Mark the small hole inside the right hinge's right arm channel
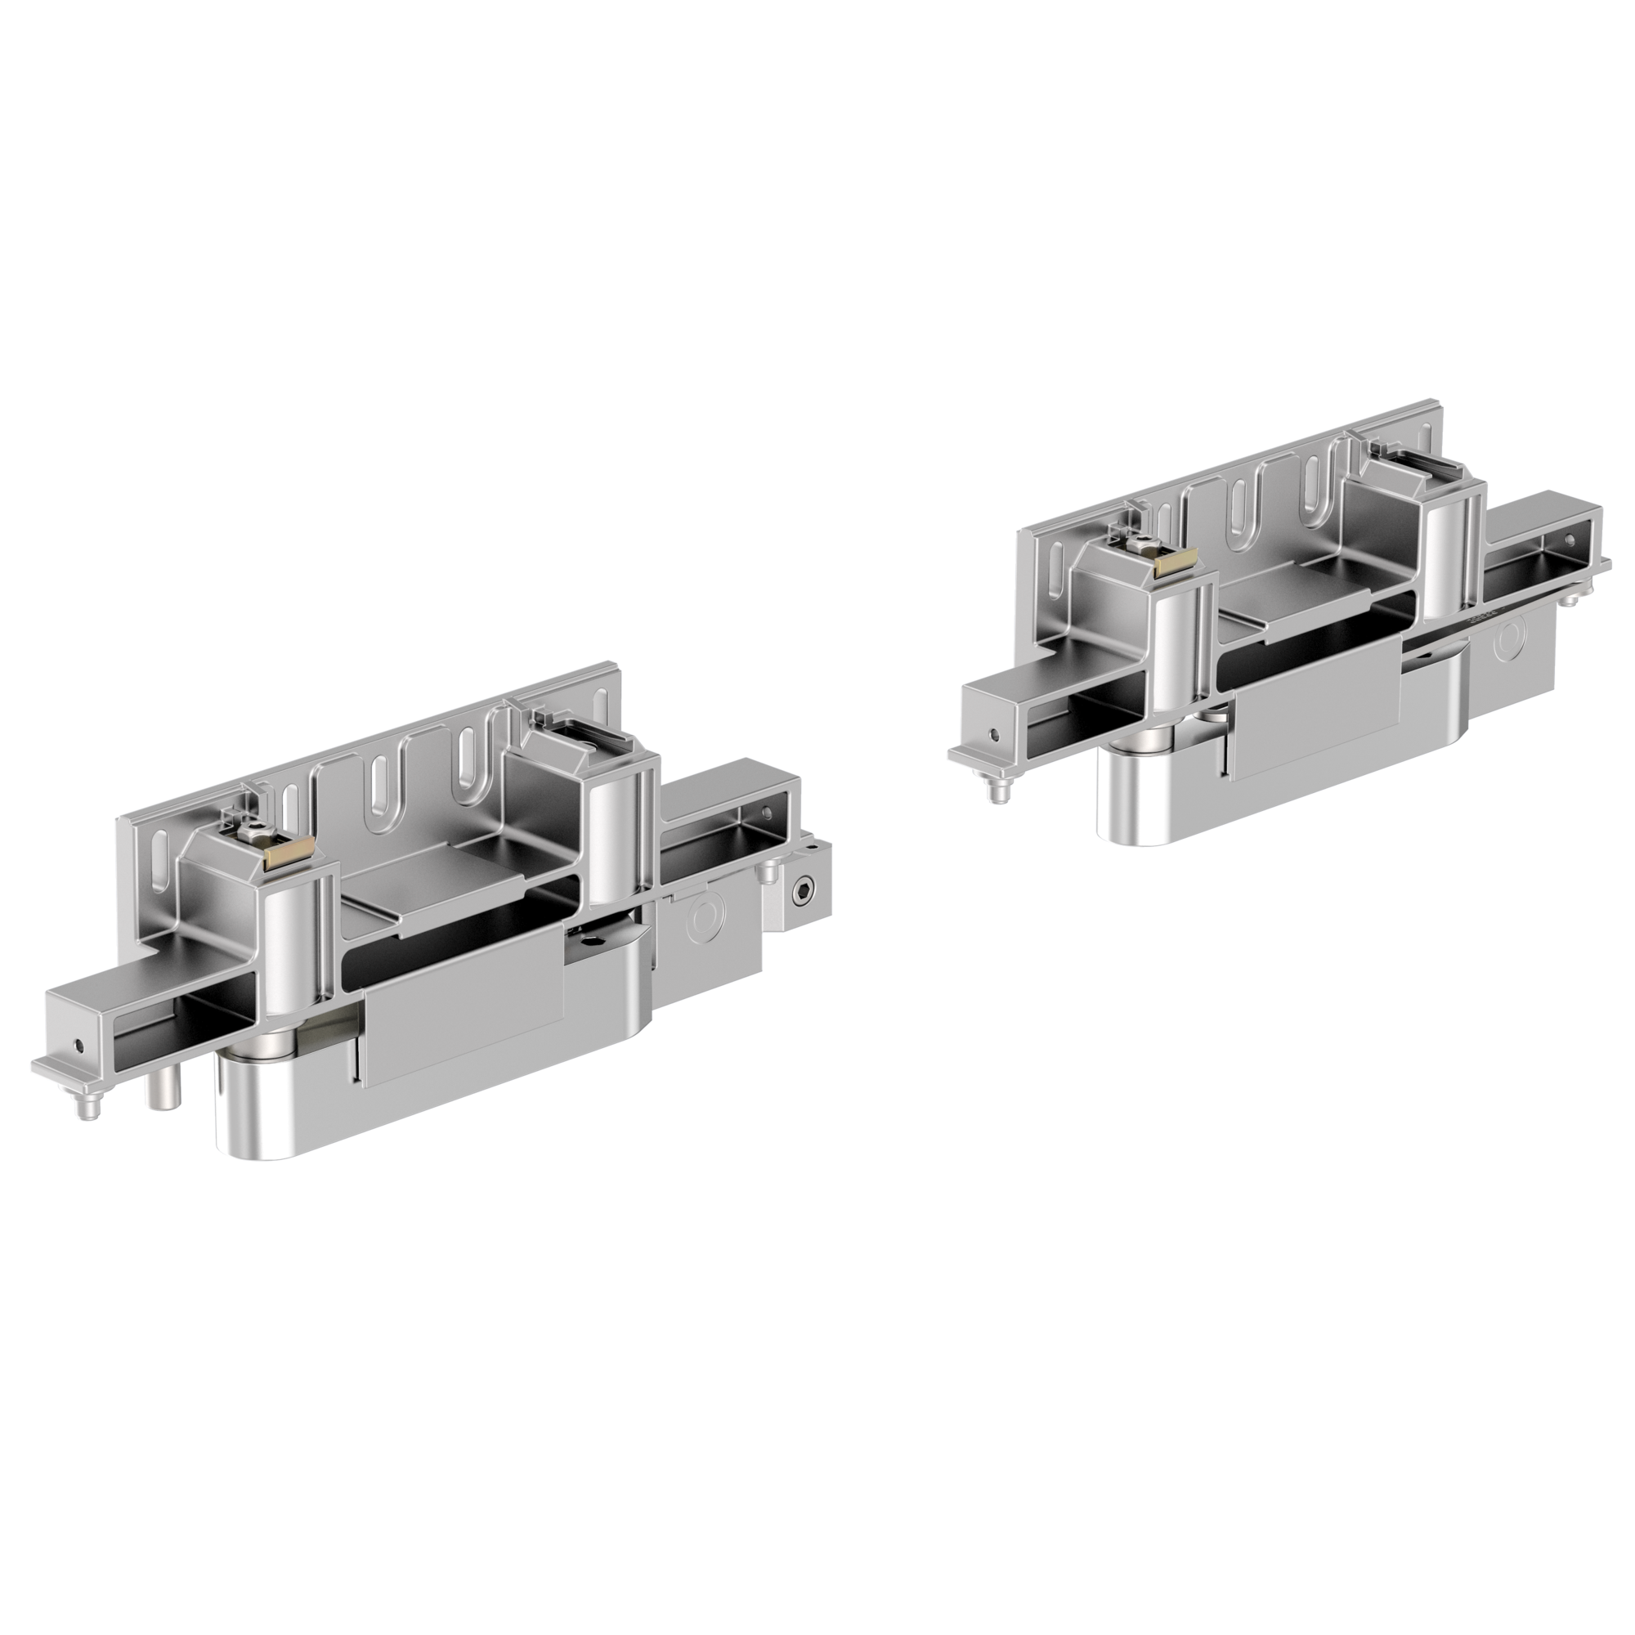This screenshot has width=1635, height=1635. click(x=1570, y=539)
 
